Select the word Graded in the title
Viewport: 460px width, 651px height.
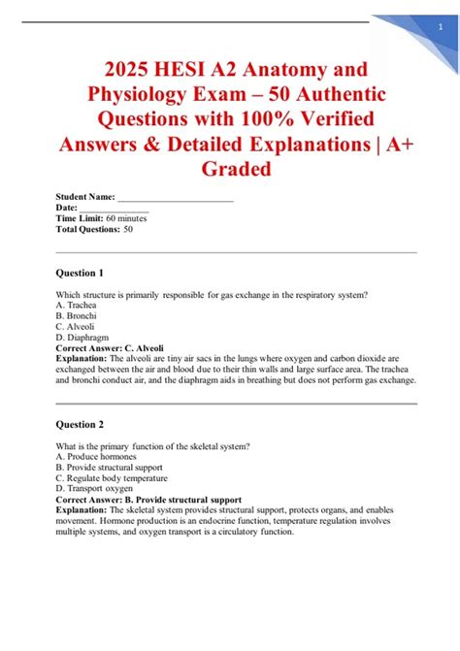coord(230,169)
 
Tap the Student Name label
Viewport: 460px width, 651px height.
coord(86,198)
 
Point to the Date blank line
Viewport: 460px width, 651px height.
coord(115,209)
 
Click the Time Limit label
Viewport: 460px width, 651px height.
coord(80,219)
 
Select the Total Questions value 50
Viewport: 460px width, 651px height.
coord(128,230)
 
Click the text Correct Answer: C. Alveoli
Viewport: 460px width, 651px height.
coord(111,348)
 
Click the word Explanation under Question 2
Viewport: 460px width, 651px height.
coord(82,510)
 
